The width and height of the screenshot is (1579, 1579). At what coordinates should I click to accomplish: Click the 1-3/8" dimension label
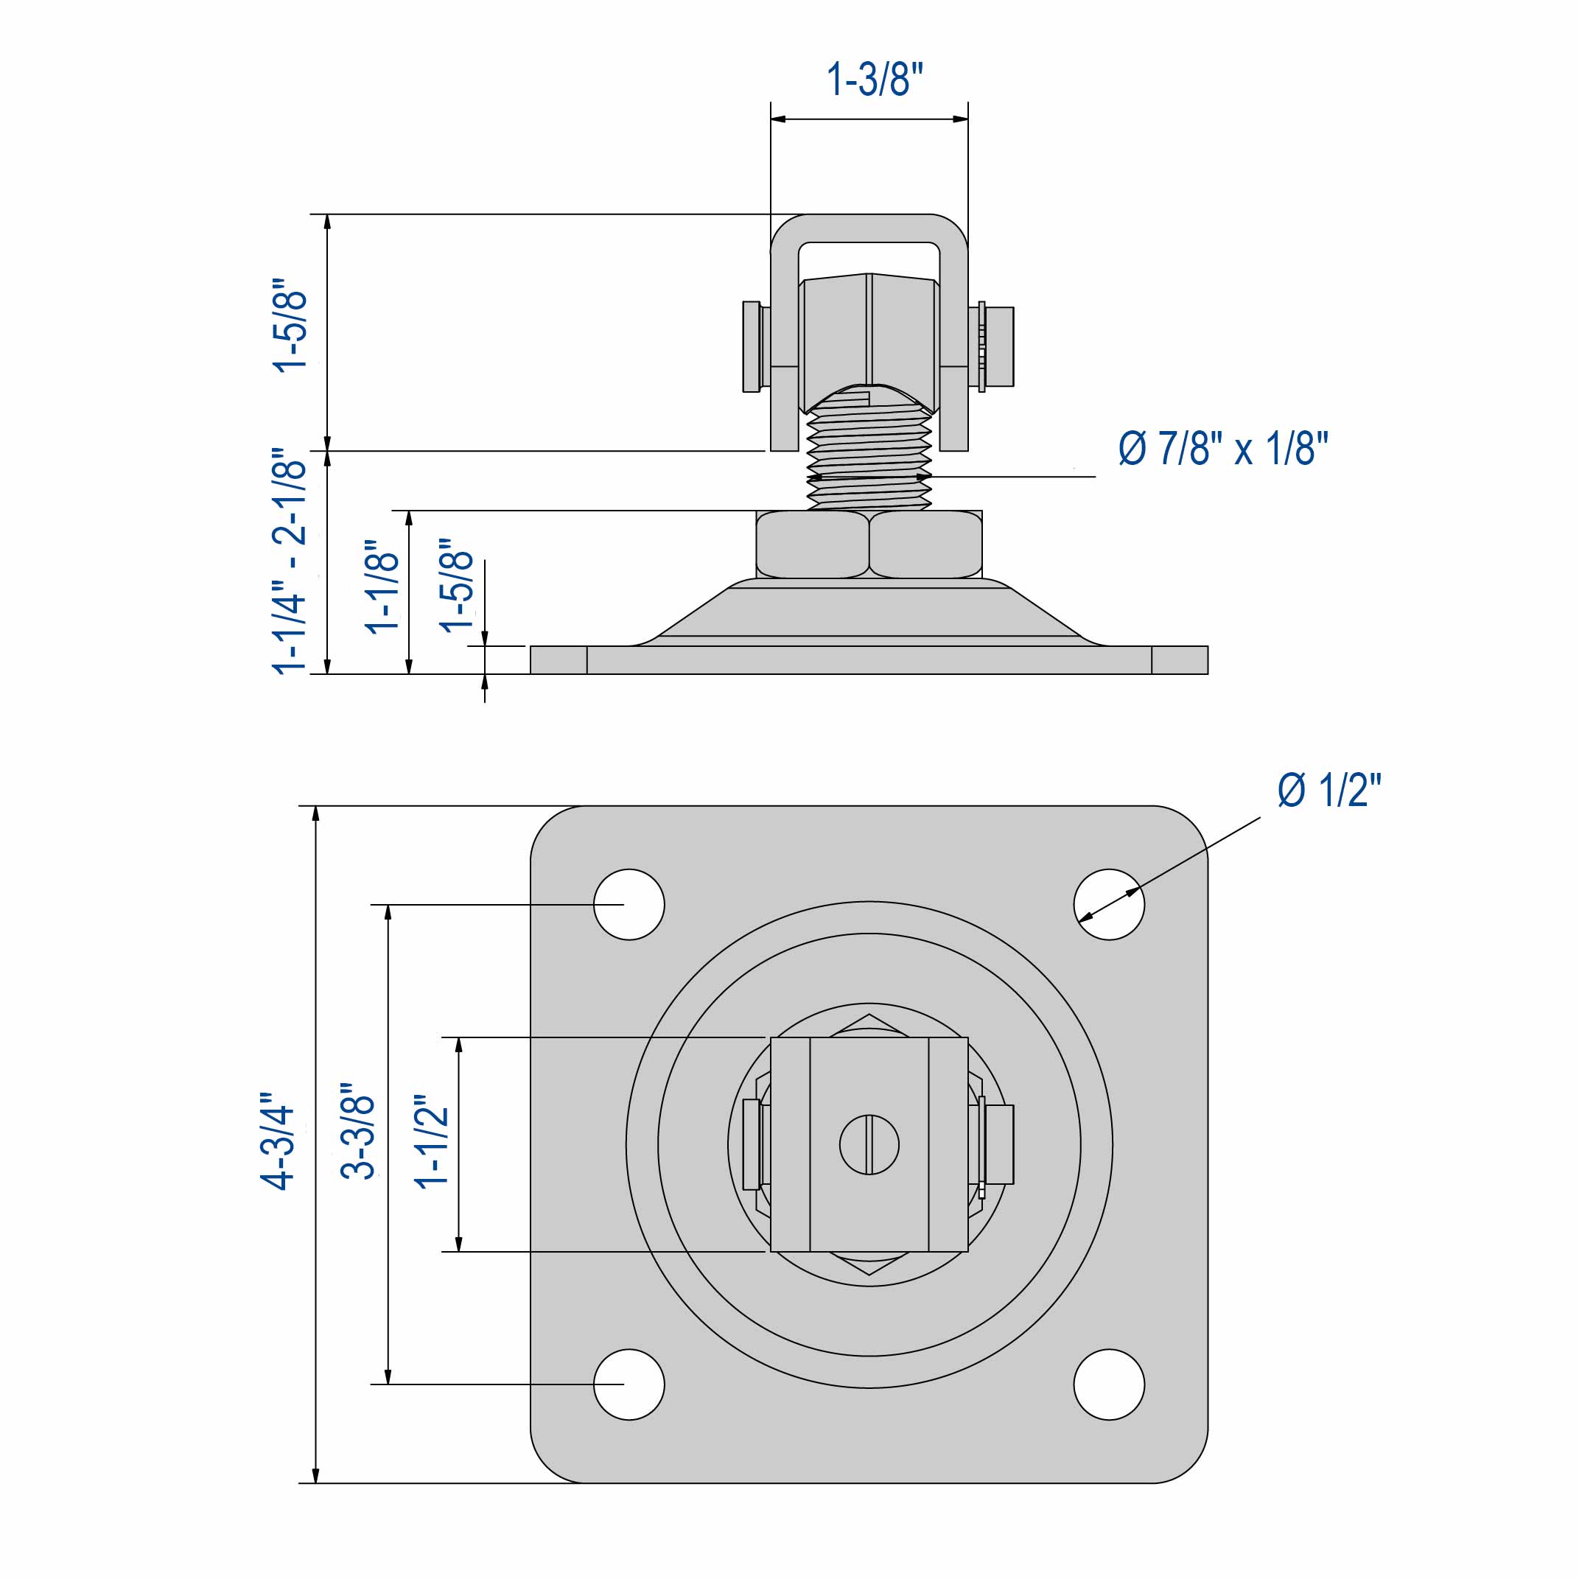[874, 80]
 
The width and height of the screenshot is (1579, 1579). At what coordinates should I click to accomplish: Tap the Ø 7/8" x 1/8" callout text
[1222, 449]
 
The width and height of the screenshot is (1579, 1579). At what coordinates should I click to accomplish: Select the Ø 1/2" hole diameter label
[1329, 791]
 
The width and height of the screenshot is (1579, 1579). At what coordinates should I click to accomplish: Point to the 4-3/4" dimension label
[277, 1140]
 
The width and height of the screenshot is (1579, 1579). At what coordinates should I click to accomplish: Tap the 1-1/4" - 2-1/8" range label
[290, 561]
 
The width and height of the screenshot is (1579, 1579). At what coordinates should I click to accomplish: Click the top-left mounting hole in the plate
[629, 904]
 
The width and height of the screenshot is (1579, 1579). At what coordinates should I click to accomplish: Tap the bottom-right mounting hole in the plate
[1108, 1384]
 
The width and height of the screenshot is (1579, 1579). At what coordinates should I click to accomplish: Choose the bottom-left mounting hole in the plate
[629, 1384]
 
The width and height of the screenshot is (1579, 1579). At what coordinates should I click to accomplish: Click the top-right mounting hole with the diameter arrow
[1108, 904]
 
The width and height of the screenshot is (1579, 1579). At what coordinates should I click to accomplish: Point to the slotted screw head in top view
[869, 1144]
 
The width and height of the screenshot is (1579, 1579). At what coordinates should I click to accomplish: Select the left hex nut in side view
[813, 545]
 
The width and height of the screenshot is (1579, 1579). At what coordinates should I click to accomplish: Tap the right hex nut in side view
[925, 545]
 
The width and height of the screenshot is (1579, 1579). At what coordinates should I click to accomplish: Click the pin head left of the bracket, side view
[751, 346]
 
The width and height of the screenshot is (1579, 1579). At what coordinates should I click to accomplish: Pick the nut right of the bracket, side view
[998, 346]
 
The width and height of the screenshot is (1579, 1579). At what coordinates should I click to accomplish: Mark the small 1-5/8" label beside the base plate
[456, 585]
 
